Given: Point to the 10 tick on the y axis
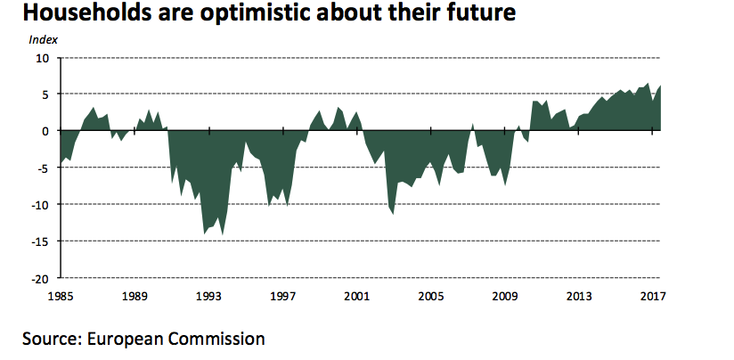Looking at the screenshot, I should [42, 58].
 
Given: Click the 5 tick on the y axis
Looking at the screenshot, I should [45, 94].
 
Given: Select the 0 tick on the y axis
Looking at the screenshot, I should [45, 131].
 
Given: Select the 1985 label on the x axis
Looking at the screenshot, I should [61, 294].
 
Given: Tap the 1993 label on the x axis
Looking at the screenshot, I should [209, 294].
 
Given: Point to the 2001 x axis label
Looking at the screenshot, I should [357, 294].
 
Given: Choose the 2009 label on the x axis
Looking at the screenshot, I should [505, 294].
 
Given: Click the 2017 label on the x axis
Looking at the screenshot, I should [653, 294].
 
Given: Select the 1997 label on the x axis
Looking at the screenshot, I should [283, 294].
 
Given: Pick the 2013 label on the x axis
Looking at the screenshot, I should [579, 294].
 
